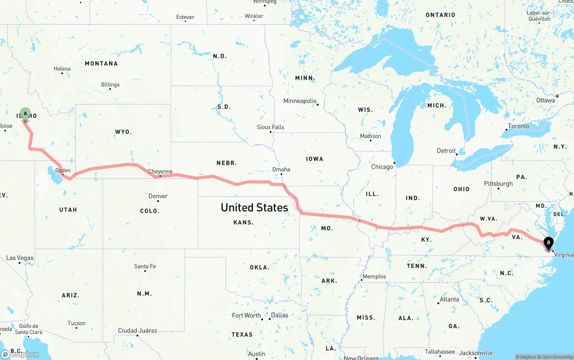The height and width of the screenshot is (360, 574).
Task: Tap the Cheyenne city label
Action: click(x=160, y=171)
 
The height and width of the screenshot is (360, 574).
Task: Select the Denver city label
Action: click(x=158, y=196)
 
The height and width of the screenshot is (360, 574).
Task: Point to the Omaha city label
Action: click(x=281, y=169)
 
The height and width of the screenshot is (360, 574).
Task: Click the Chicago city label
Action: click(x=382, y=167)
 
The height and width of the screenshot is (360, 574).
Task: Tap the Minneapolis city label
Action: click(x=300, y=101)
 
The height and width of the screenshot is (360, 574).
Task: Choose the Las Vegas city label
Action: click(x=20, y=258)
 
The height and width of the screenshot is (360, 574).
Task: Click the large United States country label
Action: click(x=254, y=207)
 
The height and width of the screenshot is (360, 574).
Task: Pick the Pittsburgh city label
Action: click(x=498, y=183)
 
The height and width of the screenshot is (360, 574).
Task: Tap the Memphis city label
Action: click(x=374, y=277)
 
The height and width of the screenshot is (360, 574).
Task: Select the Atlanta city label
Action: click(x=449, y=299)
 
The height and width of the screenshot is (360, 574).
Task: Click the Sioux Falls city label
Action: click(x=270, y=127)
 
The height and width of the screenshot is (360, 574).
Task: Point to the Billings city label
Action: click(x=110, y=84)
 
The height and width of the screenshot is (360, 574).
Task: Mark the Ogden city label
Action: click(x=63, y=170)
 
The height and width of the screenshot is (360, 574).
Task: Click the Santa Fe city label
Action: click(x=145, y=266)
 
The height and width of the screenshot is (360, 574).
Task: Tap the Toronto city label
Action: click(x=518, y=126)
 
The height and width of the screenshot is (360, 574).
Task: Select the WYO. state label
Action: click(x=123, y=132)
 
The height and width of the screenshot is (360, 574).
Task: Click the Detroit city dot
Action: click(x=457, y=155)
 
